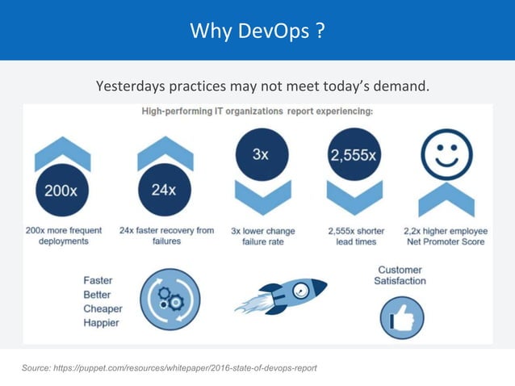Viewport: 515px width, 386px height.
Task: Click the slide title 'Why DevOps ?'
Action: point(257,31)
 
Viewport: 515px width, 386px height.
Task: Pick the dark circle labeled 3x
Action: point(261,155)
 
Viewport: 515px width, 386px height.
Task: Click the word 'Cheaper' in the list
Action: point(103,308)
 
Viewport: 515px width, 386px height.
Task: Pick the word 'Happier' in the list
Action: point(103,324)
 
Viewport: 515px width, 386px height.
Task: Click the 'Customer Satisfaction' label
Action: point(400,275)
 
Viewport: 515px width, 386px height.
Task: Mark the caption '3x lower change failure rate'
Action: point(260,235)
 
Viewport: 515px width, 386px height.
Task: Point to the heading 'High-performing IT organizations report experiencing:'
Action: point(257,111)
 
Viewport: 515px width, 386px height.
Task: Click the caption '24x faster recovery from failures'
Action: point(166,235)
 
